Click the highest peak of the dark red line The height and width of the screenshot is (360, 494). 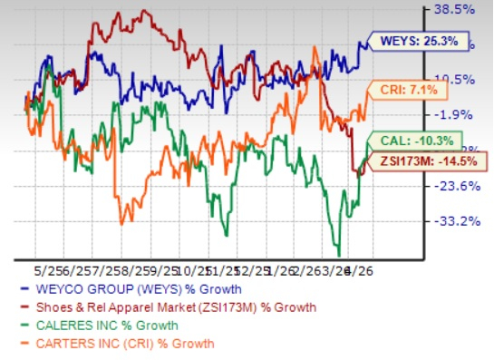tap(143, 11)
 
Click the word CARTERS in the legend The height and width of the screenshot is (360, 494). tap(61, 343)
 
